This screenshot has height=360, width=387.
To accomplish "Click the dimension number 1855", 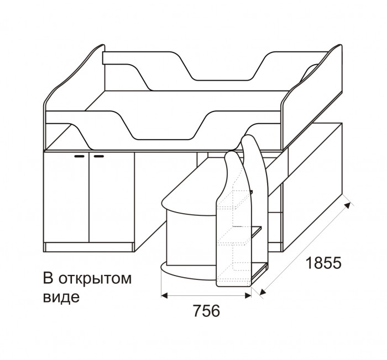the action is pos(323,263).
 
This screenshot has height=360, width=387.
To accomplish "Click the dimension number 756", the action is pos(206,311).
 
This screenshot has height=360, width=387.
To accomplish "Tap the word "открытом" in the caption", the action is pos(95,279).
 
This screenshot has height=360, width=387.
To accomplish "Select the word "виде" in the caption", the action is pos(61,297).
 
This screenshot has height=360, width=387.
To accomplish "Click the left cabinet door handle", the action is pos(80,156).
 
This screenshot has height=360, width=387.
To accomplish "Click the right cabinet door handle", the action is pos(99,156).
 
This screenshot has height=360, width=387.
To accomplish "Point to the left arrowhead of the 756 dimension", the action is pos(164,295).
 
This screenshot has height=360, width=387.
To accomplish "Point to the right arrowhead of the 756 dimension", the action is pos(248,295).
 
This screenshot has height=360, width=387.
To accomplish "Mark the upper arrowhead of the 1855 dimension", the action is pos(348,205).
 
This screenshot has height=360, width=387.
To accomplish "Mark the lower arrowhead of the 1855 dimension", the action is pos(263,292).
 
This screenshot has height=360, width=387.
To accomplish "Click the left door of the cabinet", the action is pos(66,197).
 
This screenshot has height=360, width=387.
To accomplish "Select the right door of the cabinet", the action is pos(112,197).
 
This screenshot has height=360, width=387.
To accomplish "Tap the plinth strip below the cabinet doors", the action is pos(88,247).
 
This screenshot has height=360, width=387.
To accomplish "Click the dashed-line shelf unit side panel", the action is pos(233,222).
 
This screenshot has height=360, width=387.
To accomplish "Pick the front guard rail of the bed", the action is pos(163,128).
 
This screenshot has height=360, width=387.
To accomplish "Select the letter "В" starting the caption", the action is pos(49,279).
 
